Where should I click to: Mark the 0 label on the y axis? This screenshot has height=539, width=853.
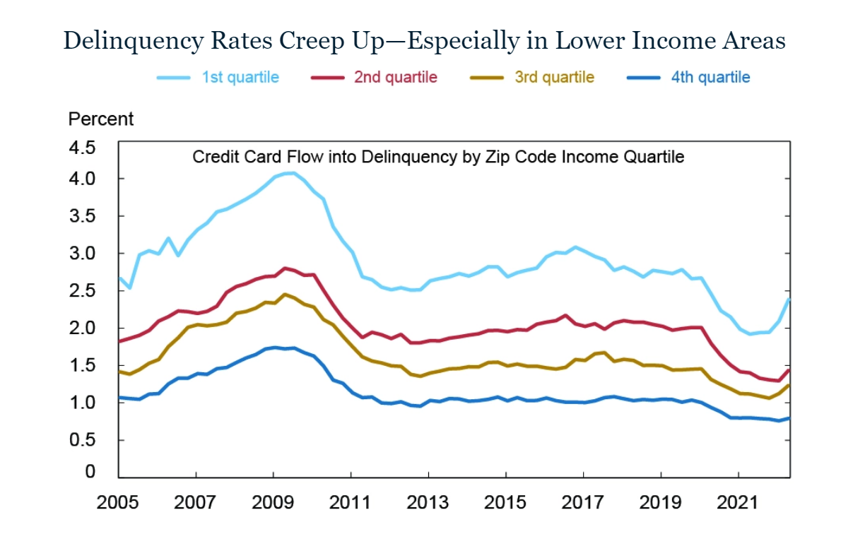[90, 472]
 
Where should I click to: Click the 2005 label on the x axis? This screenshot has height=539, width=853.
[117, 503]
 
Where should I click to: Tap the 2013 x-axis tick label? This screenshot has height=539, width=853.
[428, 503]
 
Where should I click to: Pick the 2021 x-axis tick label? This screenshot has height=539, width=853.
[738, 503]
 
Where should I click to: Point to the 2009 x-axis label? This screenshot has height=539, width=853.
[273, 503]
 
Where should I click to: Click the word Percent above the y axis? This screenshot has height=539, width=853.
[100, 119]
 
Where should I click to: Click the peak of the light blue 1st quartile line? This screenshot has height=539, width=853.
[290, 173]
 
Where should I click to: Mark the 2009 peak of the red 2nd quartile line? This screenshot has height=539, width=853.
[284, 268]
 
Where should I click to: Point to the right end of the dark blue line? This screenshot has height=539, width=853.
[789, 418]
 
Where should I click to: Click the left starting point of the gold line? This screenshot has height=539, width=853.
[118, 371]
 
